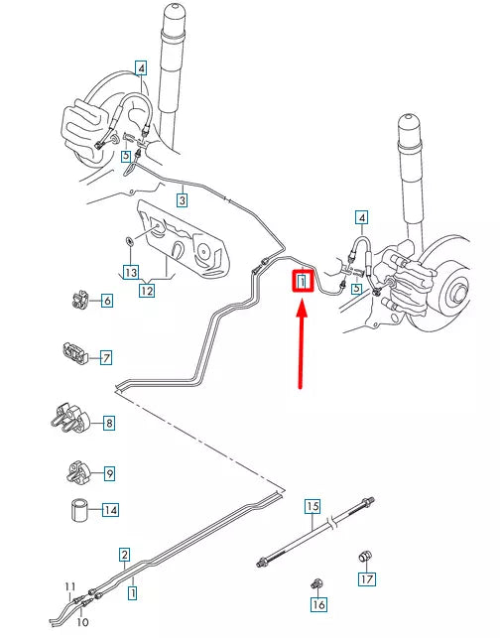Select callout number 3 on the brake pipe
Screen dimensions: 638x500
tap(182, 199)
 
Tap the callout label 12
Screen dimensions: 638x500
tap(146, 291)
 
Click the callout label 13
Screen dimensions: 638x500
tap(129, 271)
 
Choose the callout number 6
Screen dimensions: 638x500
tap(106, 300)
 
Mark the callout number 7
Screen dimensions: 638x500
tap(106, 356)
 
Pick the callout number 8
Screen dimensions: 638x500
tap(108, 423)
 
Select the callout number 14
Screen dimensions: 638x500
tap(109, 473)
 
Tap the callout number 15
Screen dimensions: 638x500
tap(312, 506)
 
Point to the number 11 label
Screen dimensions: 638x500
tap(69, 586)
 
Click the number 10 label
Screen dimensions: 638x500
tap(82, 622)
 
